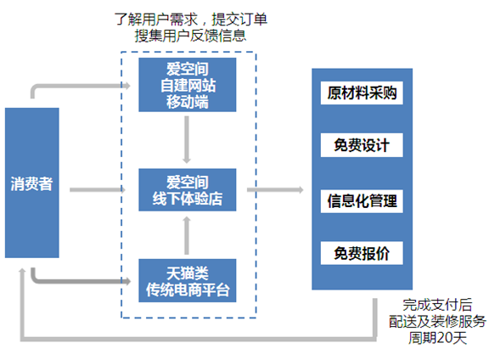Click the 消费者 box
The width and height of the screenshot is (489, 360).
31,183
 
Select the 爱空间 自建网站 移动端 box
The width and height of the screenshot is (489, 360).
187,85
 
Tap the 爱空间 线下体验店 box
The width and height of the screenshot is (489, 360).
187,190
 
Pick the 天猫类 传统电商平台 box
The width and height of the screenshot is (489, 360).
187,280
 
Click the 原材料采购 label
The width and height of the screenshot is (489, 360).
362,93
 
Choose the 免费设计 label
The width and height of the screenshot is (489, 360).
362,145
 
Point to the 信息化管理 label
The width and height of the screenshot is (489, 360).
362,201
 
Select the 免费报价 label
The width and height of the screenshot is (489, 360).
362,253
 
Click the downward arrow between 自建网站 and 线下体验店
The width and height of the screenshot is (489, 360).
187,140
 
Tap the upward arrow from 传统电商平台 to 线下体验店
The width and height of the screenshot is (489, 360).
187,236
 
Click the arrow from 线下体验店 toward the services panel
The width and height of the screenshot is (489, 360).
275,189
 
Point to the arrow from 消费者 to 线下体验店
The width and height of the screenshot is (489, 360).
98,189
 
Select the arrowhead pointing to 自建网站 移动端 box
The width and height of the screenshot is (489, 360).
126,86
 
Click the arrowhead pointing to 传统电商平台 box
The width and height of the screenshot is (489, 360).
126,281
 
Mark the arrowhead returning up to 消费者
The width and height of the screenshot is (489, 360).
22,271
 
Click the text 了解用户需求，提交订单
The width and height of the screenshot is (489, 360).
190,20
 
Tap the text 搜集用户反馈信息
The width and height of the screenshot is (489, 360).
190,36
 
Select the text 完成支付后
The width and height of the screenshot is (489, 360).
437,305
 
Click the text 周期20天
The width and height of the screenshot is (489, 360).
437,338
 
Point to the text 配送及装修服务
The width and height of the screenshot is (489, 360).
437,321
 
